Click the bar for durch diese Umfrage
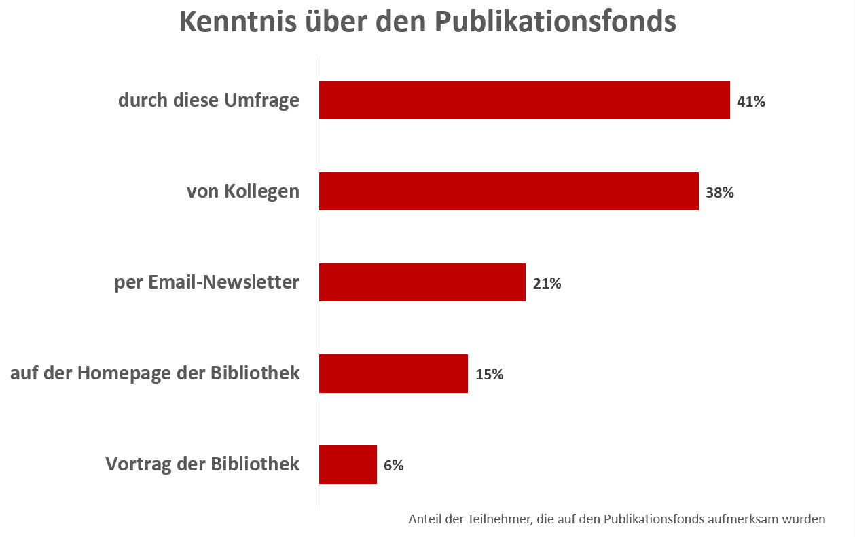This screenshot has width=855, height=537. [524, 100]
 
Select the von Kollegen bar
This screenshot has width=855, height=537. [509, 191]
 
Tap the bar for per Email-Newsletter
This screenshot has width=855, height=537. [422, 282]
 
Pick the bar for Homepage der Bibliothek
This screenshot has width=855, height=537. [393, 373]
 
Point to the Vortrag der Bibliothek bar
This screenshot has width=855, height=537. [348, 464]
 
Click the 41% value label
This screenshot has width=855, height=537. [751, 102]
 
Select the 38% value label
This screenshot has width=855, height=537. [720, 193]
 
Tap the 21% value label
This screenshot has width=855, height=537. [547, 284]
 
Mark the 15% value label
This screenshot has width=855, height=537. [489, 375]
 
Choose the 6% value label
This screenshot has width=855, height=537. [394, 466]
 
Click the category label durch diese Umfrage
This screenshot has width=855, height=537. [208, 100]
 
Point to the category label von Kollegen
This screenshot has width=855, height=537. [243, 191]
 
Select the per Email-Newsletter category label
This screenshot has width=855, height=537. [207, 282]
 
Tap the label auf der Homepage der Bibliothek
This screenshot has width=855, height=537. [155, 373]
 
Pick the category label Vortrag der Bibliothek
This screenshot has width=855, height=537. [202, 464]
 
